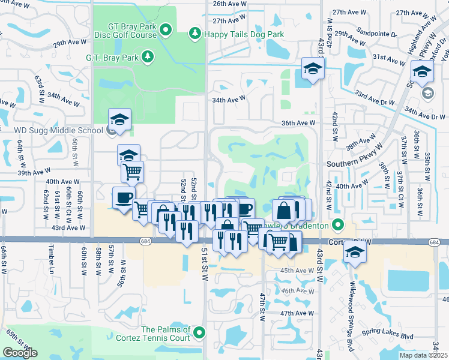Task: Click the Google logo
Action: [x=20, y=353]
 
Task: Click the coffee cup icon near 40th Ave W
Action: [x=124, y=198]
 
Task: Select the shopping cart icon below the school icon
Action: [x=132, y=172]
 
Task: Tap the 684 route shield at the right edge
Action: [x=434, y=242]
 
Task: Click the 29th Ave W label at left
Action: [x=67, y=44]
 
